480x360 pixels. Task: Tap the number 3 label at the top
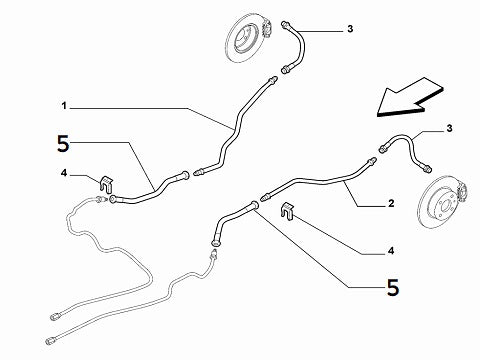[351, 31]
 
